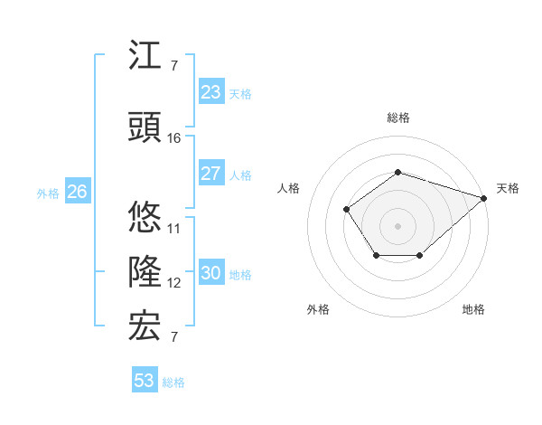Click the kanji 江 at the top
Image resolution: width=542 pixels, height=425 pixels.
tap(145, 57)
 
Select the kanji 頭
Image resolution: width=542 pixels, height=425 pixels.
tap(145, 128)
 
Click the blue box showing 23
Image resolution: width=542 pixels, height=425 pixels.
tap(210, 92)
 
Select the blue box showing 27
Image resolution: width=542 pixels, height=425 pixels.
tap(210, 174)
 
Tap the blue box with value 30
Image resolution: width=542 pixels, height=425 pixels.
tap(210, 273)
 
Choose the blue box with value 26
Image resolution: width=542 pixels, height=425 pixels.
tap(77, 192)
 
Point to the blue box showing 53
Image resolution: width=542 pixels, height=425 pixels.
tap(145, 381)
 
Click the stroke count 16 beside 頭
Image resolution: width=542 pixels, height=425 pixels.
tap(174, 138)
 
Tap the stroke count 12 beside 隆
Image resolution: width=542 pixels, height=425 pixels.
tap(174, 283)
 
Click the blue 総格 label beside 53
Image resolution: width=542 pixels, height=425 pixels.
tap(173, 382)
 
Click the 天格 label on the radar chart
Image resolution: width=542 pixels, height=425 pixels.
tap(508, 188)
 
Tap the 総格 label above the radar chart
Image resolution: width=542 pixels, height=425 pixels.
tap(398, 118)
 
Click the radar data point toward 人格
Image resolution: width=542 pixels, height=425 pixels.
tap(347, 210)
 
